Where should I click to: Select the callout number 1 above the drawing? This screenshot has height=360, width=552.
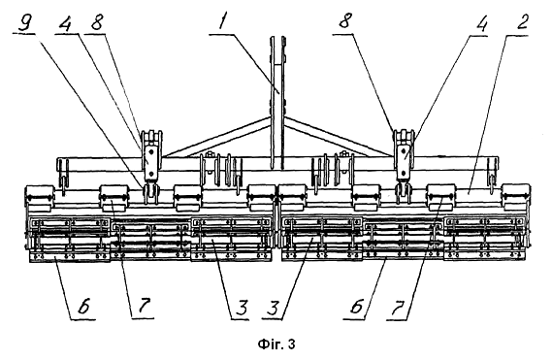tap(223, 23)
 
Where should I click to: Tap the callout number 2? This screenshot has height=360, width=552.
tap(522, 23)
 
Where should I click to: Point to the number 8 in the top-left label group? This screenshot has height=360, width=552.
tap(96, 23)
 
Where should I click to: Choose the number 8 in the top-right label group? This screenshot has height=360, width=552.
tap(345, 23)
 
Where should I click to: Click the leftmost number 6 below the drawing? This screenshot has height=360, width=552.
tap(84, 307)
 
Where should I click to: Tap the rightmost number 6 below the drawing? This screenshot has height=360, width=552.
tap(356, 307)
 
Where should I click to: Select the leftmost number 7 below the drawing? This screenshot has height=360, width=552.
tap(144, 307)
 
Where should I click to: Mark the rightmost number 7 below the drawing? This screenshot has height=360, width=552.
tap(398, 308)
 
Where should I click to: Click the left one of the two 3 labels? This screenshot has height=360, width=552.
tap(242, 308)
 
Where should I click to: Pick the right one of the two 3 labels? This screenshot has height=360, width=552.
tap(274, 308)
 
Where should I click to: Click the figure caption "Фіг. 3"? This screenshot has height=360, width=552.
tap(276, 344)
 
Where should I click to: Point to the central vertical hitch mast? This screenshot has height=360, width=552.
tap(277, 102)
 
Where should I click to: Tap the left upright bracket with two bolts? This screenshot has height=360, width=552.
tap(151, 155)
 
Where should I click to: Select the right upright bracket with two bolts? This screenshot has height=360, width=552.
tap(405, 155)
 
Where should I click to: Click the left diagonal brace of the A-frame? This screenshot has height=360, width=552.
tap(218, 138)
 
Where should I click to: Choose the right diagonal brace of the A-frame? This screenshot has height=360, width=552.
tap(340, 137)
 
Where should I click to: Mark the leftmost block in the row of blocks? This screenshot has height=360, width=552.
tap(40, 198)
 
